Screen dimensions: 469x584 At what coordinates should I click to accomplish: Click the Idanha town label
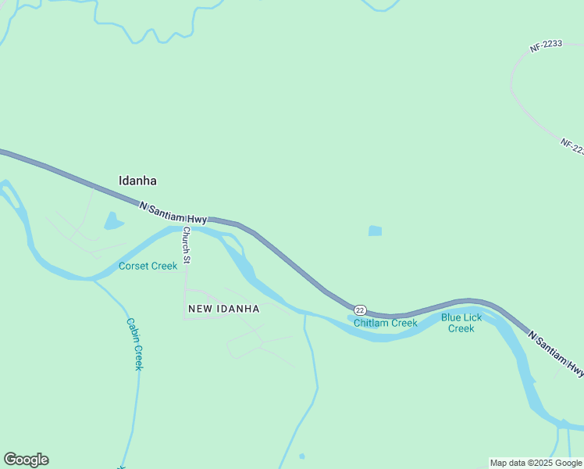[137, 181]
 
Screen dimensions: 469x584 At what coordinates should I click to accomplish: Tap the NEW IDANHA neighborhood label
[223, 309]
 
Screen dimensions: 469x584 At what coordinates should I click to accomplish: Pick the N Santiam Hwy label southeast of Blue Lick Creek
[556, 353]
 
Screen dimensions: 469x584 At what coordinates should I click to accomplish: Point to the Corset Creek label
[148, 266]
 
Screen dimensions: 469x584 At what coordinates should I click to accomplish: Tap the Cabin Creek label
[134, 344]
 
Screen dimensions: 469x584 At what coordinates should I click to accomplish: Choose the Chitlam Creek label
[385, 323]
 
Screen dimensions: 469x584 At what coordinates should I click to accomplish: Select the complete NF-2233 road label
[547, 46]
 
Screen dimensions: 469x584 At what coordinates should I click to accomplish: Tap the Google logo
[26, 460]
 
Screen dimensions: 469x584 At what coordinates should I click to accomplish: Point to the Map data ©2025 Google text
[536, 463]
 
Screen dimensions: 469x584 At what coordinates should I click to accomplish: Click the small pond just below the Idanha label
[113, 222]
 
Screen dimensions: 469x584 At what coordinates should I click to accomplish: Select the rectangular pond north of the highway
[376, 231]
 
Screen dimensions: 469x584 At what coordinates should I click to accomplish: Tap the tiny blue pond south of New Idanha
[302, 456]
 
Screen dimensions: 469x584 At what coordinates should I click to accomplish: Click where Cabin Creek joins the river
[94, 278]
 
